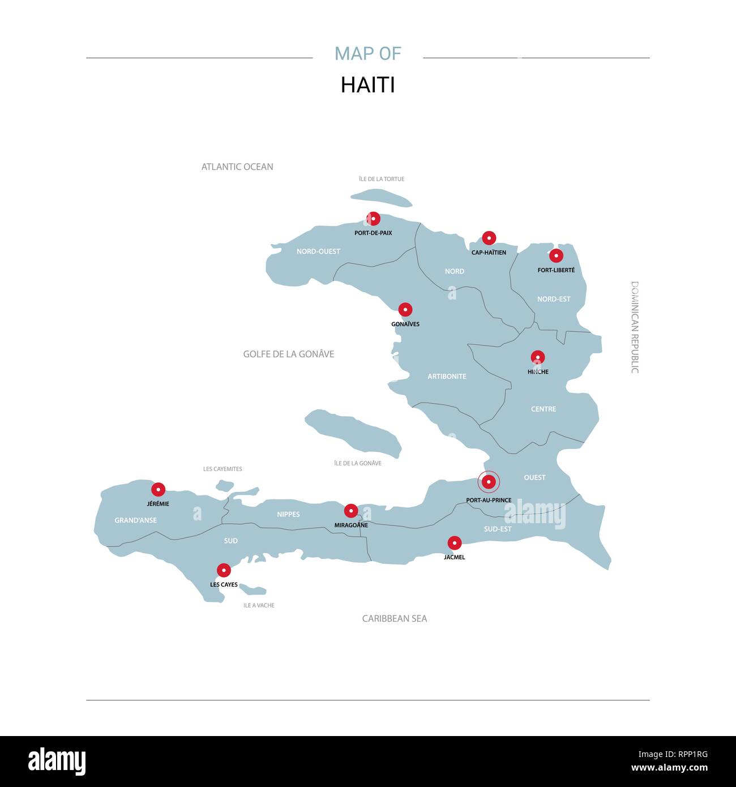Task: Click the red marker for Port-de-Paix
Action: (x=373, y=219)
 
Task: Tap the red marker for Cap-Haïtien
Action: (x=489, y=238)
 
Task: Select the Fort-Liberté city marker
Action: (x=556, y=255)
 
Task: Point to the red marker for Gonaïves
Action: (x=405, y=310)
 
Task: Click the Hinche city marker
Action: (x=537, y=357)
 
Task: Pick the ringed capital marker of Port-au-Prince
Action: (x=489, y=482)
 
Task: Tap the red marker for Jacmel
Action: (x=454, y=543)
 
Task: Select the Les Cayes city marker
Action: (x=224, y=570)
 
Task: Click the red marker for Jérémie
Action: (x=158, y=490)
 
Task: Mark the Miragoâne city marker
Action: (x=351, y=511)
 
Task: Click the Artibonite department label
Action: (x=447, y=377)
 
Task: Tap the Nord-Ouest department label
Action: (x=318, y=251)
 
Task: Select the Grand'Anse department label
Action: (x=136, y=520)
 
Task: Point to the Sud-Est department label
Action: (x=498, y=529)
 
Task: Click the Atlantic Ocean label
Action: (x=237, y=167)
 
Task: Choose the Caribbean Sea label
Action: (x=395, y=619)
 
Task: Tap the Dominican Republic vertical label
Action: (x=635, y=327)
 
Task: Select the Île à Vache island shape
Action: (x=253, y=590)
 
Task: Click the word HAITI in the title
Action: (x=367, y=85)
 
